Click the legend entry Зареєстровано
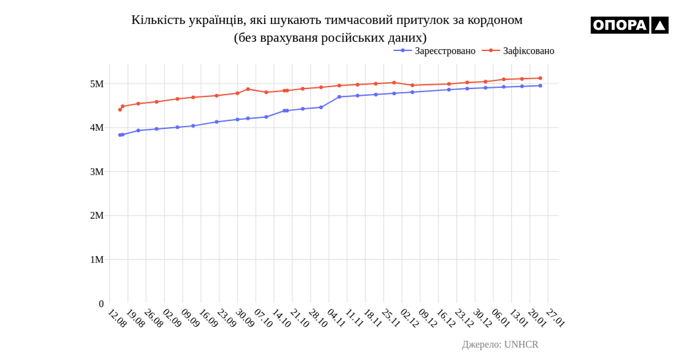445,51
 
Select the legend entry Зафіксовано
528,51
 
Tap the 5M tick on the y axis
97,84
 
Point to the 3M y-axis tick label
97,171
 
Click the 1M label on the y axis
97,259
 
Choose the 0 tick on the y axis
101,304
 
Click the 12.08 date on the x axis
117,318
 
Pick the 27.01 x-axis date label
556,318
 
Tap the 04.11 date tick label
336,318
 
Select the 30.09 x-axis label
245,318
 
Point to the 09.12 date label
428,318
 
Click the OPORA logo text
620,25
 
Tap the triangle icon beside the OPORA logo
660,25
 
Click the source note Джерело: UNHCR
500,345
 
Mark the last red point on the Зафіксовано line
540,78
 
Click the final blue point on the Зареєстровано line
540,86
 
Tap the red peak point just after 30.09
248,89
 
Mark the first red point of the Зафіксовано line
120,110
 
